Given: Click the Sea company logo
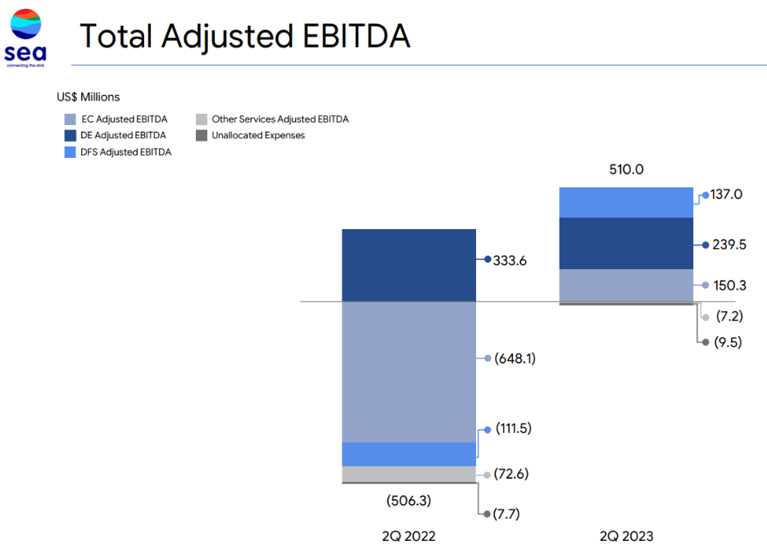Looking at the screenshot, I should (26, 37).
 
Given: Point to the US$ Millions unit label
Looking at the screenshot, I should (88, 97).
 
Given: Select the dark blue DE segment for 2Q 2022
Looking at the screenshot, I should (408, 265).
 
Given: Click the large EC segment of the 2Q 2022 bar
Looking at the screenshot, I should (408, 371).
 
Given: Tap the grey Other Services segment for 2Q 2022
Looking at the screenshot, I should (408, 474).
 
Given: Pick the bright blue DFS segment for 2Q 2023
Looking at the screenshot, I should (626, 202).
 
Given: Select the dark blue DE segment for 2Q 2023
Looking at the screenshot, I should (626, 243).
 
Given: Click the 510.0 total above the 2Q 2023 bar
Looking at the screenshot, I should (626, 170).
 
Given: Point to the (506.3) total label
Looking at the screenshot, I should (408, 500).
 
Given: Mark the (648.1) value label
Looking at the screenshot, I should (515, 358).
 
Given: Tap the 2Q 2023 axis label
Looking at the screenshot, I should (626, 536).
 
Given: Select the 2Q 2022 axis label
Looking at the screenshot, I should (408, 536).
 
